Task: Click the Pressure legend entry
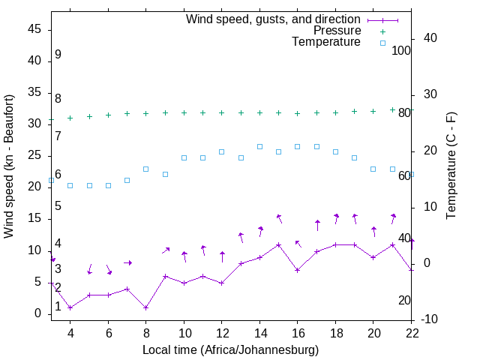point(337,31)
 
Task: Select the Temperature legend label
point(326,43)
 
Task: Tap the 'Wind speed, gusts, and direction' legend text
point(274,19)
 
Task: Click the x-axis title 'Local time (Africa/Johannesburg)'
point(230,350)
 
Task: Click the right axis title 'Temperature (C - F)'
point(451,166)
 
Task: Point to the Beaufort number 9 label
point(58,55)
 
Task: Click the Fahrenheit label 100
point(402,50)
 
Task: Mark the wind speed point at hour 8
point(146,307)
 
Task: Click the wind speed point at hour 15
point(279,244)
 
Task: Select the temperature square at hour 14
point(259,146)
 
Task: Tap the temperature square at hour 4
point(70,185)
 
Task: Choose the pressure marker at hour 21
point(392,109)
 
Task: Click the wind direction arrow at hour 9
point(166,250)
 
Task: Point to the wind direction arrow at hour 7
point(127,262)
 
